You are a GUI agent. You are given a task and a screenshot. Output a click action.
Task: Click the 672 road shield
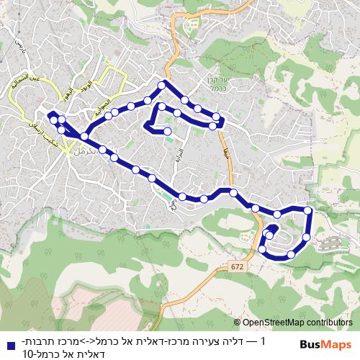tap(238, 267)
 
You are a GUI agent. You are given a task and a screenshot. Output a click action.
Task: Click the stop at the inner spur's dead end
tap(167, 132)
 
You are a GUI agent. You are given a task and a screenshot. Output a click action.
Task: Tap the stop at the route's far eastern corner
tap(308, 210)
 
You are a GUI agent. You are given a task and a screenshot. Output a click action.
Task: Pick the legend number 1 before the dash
tap(264, 341)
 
